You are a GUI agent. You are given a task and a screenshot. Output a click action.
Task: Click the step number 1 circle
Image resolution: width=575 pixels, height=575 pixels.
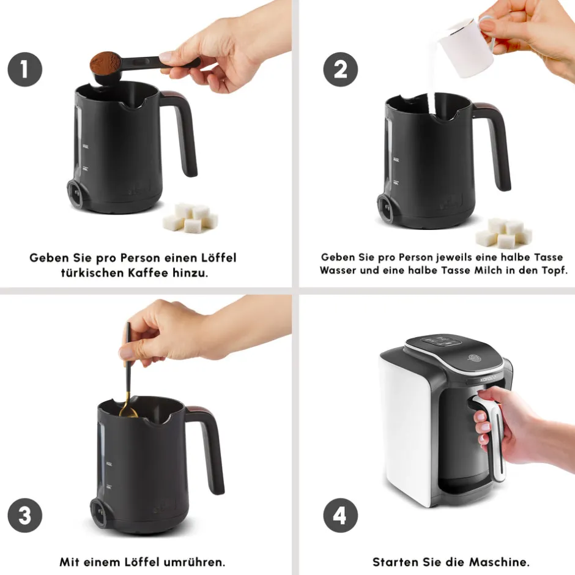tap(25, 69)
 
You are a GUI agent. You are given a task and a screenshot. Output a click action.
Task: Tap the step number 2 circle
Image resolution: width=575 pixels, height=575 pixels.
tap(340, 69)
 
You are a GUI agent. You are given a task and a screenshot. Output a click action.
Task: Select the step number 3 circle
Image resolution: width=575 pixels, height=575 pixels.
tap(25, 515)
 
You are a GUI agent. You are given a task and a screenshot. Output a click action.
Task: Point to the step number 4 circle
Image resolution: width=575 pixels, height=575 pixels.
tap(340, 515)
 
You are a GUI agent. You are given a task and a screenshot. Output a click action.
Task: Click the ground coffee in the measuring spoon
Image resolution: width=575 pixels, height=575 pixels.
tap(105, 62)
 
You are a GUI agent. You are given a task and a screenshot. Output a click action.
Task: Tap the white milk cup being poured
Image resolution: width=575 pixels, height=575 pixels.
tap(467, 48)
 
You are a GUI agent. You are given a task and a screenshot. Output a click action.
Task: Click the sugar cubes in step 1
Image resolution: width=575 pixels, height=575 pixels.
tap(191, 218)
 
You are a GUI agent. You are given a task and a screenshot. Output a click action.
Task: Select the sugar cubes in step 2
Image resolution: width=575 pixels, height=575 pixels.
tap(504, 233)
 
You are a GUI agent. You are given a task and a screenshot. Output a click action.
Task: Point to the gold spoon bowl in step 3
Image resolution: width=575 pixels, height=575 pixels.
tap(128, 413)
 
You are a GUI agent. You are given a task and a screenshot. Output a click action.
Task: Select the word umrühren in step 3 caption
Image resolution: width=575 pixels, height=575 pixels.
tap(195, 562)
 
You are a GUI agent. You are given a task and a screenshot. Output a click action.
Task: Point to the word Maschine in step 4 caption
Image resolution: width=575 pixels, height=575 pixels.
tap(500, 562)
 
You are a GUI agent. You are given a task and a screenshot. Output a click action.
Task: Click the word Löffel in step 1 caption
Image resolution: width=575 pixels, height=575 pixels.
tap(218, 258)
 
